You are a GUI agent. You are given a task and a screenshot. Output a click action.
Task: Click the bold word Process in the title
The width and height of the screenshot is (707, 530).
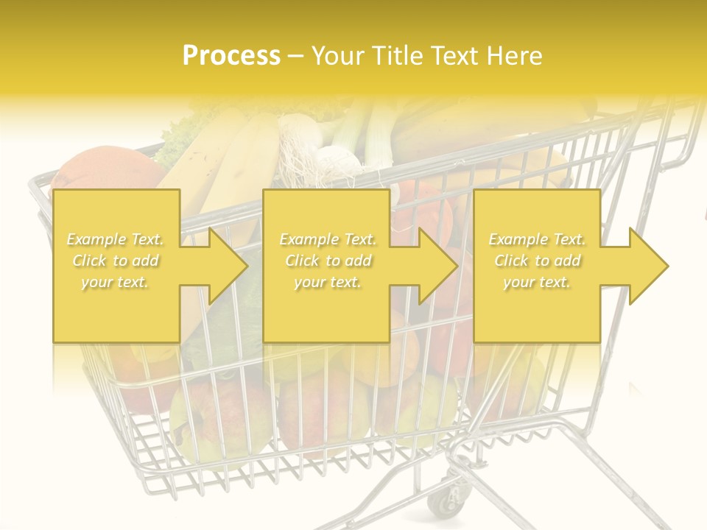[x=231, y=56]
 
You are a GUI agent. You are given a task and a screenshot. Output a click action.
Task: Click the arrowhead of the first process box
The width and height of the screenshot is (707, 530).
[x=228, y=266]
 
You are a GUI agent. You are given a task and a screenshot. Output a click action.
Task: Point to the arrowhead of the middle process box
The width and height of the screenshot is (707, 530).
[x=437, y=266]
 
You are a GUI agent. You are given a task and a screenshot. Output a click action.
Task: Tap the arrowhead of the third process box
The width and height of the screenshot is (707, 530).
[x=648, y=266]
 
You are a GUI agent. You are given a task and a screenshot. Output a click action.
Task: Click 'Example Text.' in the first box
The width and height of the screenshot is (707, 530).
[x=116, y=239]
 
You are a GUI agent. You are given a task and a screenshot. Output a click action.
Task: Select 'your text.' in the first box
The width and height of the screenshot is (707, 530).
[x=116, y=282]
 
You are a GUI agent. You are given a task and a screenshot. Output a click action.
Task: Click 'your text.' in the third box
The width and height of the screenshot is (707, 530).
[x=537, y=282]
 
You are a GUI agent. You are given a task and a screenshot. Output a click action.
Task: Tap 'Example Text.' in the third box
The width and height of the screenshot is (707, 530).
[x=537, y=239]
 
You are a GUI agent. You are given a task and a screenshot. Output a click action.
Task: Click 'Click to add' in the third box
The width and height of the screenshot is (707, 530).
[x=537, y=261]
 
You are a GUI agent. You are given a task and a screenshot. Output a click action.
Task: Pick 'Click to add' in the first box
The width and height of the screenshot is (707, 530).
[x=116, y=261]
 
